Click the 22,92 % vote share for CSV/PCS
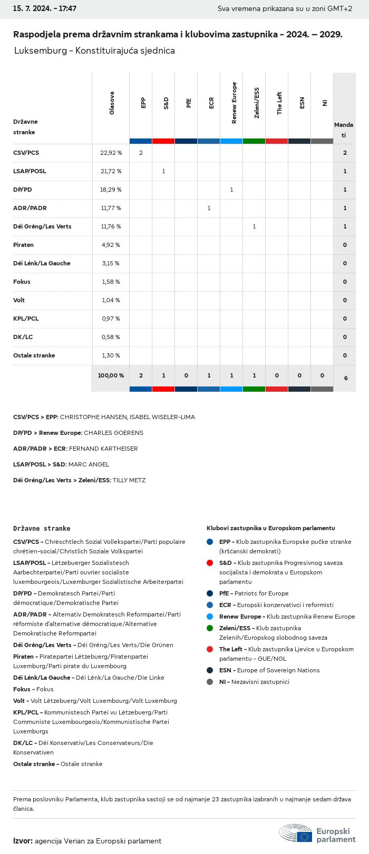(111, 153)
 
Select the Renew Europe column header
(234, 103)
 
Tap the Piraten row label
(23, 245)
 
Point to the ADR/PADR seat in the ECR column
(209, 208)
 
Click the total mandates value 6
(345, 378)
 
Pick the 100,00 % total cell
(111, 375)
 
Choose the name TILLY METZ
(129, 480)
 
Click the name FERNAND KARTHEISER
(103, 449)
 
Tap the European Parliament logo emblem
(296, 833)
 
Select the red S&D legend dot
(210, 563)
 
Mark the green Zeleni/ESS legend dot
(210, 628)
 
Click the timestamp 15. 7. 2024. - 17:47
(45, 8)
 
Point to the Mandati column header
(344, 130)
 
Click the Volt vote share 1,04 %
(111, 300)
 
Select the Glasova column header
(112, 103)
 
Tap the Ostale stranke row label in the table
(34, 355)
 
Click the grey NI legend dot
(210, 682)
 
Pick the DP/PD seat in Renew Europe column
(231, 190)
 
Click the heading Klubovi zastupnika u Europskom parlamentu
(270, 528)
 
